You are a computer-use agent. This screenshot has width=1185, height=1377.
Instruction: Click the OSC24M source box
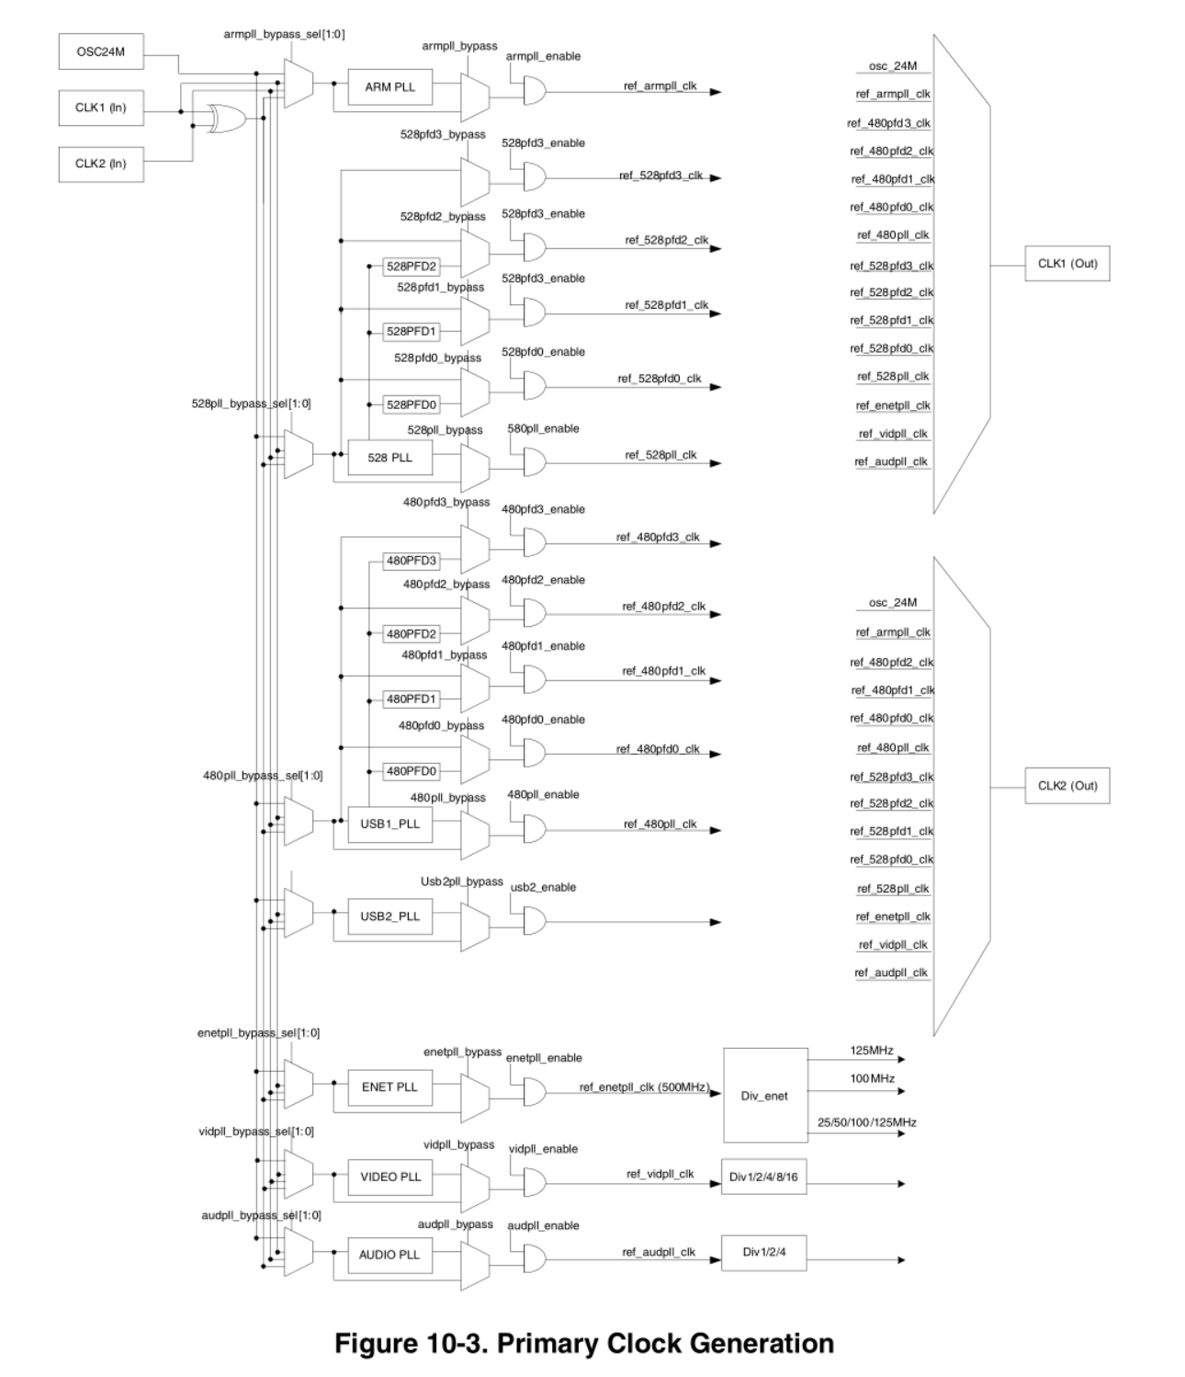click(x=101, y=52)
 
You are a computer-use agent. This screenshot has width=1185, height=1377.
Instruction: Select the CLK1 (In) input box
click(x=101, y=108)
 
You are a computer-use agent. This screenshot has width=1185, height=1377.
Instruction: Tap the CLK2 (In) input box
click(x=101, y=164)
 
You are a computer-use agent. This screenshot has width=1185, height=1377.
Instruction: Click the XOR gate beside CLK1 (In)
click(x=224, y=119)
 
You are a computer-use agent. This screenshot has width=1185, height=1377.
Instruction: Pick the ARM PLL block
click(x=389, y=87)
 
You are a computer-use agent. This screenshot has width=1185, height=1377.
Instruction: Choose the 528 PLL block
click(x=389, y=457)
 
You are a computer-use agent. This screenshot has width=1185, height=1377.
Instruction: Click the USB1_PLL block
click(x=389, y=824)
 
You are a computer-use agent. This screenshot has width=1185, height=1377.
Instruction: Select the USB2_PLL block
click(x=389, y=916)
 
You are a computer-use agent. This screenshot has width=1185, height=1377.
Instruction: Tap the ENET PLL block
click(x=389, y=1087)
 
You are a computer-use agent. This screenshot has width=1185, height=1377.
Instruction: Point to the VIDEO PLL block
click(x=389, y=1177)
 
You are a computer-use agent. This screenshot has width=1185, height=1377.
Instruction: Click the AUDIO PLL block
click(x=389, y=1255)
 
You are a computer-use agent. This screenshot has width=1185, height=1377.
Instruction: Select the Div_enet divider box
click(x=765, y=1095)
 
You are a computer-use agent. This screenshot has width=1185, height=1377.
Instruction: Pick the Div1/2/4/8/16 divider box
click(x=764, y=1178)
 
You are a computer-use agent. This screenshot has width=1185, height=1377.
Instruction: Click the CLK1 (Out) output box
click(x=1067, y=264)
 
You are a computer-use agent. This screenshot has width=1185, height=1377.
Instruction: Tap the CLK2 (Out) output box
click(x=1067, y=786)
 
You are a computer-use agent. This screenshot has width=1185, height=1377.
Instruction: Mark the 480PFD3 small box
click(x=411, y=561)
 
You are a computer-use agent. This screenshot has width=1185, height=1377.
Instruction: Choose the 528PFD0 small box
click(x=411, y=404)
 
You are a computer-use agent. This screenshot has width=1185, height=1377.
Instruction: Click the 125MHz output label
click(x=871, y=1050)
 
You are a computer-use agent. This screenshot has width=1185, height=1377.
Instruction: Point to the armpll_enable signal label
click(x=543, y=56)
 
